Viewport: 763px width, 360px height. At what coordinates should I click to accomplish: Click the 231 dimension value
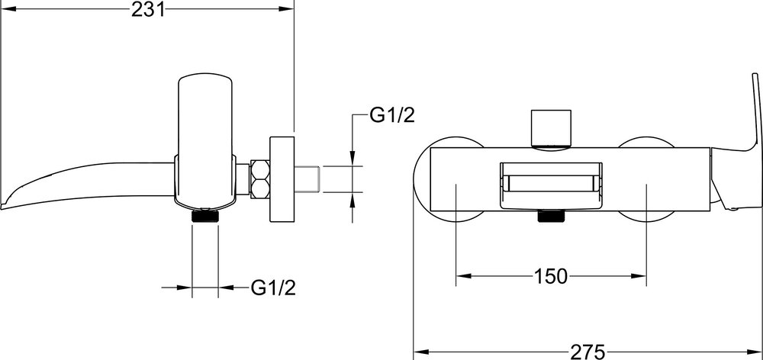148,9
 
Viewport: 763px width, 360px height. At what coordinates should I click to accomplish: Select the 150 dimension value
551,276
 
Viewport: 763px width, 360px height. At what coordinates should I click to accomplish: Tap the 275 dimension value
588,352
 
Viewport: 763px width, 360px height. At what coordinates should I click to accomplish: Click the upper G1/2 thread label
392,115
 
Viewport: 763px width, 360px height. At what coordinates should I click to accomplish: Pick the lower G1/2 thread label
273,288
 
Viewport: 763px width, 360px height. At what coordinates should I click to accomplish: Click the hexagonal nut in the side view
260,178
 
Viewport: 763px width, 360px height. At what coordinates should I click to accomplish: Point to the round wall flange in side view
282,179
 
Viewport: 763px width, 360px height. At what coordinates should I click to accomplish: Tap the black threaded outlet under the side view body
205,216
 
